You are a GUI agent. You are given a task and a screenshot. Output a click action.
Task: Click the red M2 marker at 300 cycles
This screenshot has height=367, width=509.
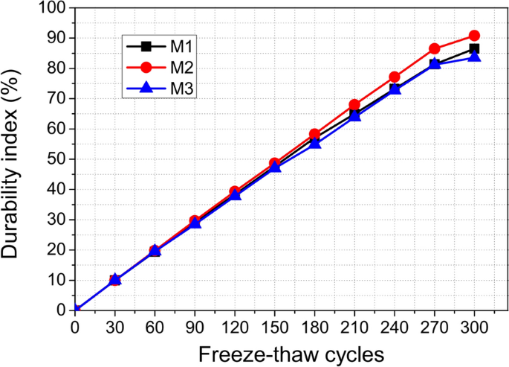[474, 36]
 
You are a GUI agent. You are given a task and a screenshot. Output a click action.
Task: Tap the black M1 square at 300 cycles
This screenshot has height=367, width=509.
[474, 49]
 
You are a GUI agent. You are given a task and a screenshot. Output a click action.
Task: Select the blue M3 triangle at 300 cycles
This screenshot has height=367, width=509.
[474, 57]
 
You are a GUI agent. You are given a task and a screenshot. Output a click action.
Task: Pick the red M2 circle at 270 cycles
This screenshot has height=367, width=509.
[435, 49]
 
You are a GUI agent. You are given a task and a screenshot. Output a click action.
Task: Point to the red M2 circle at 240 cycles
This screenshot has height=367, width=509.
[395, 77]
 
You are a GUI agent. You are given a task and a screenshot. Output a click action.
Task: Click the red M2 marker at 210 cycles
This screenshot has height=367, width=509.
[354, 105]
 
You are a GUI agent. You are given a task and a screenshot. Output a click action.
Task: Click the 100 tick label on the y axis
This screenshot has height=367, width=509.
[56, 8]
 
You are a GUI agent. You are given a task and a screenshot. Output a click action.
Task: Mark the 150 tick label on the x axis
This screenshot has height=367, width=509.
[275, 326]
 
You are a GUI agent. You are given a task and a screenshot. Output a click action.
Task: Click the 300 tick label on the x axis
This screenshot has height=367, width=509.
[474, 326]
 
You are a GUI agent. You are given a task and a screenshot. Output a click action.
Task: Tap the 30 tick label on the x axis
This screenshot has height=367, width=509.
[115, 326]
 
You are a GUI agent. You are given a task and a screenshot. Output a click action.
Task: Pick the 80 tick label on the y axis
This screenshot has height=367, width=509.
[59, 68]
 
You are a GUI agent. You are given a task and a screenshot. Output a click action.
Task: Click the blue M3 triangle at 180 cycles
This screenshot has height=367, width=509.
[314, 143]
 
